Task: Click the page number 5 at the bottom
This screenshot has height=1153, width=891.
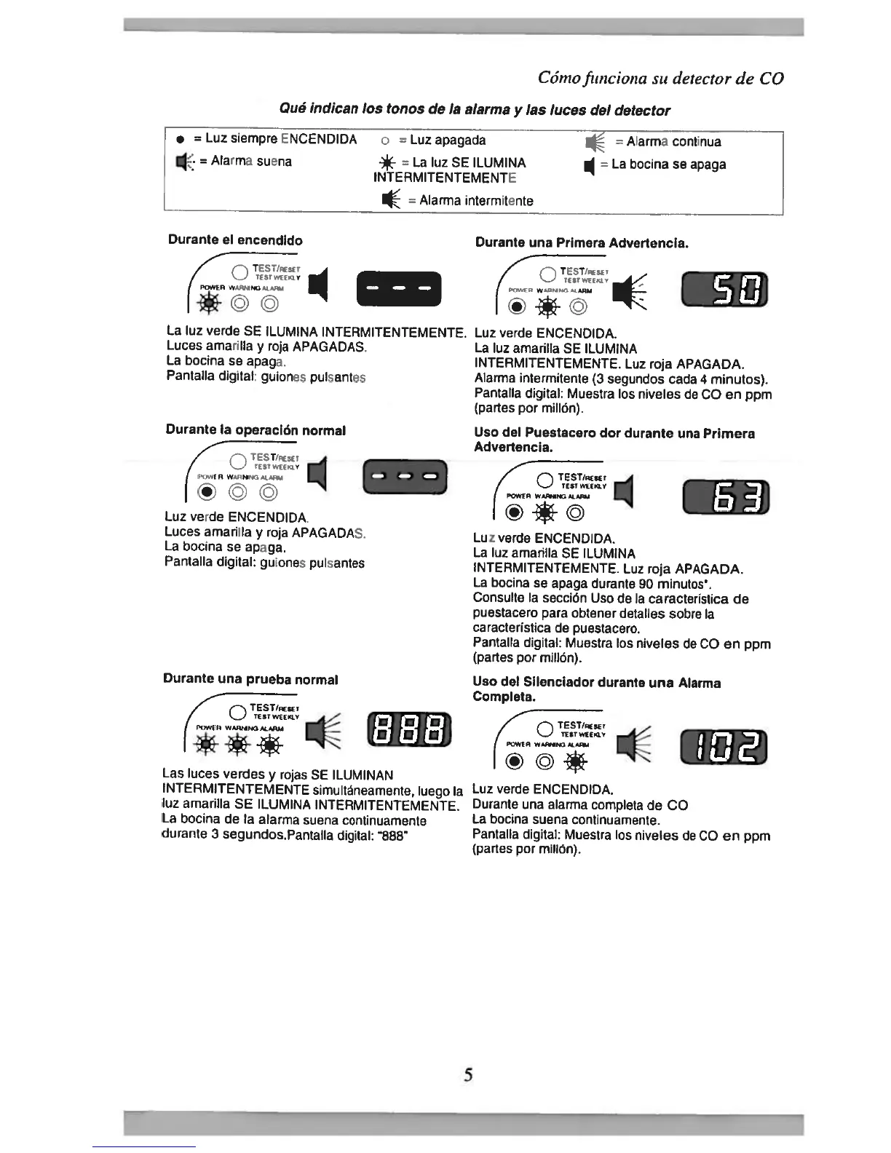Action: pos(468,1074)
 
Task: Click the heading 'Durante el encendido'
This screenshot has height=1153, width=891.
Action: pos(235,240)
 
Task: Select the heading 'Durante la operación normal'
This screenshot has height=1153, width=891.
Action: pos(256,430)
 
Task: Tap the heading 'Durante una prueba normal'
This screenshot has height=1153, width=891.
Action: pos(250,679)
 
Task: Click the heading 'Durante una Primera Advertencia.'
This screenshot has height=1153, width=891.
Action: pos(582,242)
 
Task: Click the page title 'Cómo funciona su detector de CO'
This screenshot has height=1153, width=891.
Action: pos(660,78)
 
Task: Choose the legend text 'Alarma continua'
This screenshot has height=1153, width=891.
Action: pos(673,141)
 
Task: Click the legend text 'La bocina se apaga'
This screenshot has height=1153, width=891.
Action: pos(668,164)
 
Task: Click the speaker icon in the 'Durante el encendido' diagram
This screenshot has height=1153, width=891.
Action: pos(319,285)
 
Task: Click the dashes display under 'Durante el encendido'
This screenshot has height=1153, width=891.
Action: pos(399,288)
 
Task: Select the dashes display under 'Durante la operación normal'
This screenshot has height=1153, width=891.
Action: pos(404,477)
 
